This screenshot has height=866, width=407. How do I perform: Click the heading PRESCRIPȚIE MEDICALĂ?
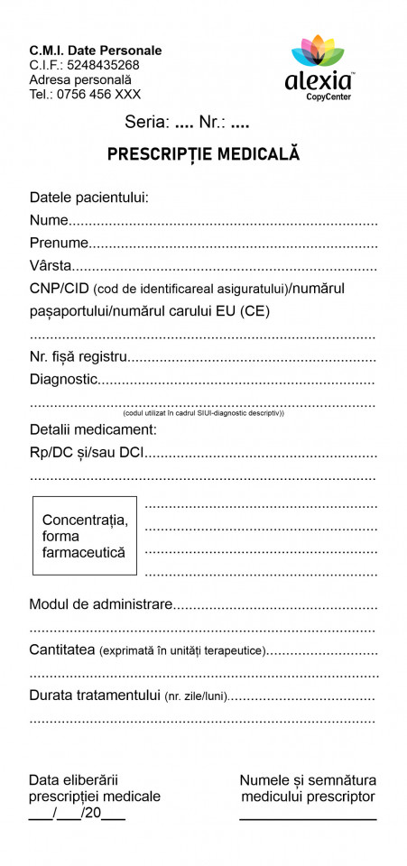click(204, 154)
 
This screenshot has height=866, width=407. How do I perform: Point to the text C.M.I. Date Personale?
click(96, 51)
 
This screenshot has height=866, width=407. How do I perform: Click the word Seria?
click(146, 124)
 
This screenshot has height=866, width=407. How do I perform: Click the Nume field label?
click(49, 220)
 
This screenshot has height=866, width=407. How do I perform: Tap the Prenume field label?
click(59, 243)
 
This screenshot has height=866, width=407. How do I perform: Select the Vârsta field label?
click(51, 266)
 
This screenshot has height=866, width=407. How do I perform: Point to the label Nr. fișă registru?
click(78, 357)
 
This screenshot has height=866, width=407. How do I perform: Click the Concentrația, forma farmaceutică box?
click(85, 536)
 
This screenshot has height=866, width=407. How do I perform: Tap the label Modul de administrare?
click(100, 603)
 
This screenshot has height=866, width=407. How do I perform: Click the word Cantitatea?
click(61, 649)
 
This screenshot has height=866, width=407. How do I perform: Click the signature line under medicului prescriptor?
click(308, 818)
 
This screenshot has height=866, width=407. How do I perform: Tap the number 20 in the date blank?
click(92, 813)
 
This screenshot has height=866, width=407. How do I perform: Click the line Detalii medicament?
click(93, 429)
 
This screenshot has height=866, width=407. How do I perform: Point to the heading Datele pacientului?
click(88, 197)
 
